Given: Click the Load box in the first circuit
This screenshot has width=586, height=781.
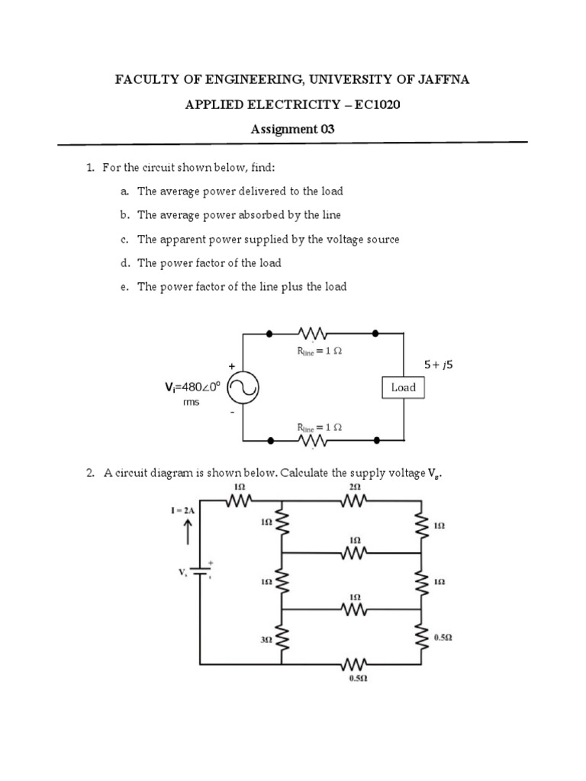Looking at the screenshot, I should point(403,387).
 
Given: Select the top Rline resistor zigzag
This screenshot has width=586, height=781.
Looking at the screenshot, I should point(314,334).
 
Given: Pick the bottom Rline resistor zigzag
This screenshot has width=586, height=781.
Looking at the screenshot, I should point(314,442).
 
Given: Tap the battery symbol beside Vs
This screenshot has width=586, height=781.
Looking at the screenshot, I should point(201,572).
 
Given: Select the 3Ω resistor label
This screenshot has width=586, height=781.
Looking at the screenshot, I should point(266,641).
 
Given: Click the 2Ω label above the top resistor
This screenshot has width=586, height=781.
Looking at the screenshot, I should point(355,487).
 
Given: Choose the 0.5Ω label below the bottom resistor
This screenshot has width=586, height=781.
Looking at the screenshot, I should point(355,677).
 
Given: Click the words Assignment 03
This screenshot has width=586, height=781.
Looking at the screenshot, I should point(293,129).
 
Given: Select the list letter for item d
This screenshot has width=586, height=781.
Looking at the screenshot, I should point(123,263).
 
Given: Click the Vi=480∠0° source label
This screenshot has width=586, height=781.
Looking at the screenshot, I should point(192,387).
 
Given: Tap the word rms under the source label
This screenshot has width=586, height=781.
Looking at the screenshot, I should point(191,402).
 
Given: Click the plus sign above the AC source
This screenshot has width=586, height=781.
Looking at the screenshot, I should point(232,366).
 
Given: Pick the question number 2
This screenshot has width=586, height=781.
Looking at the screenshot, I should point(89,474).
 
